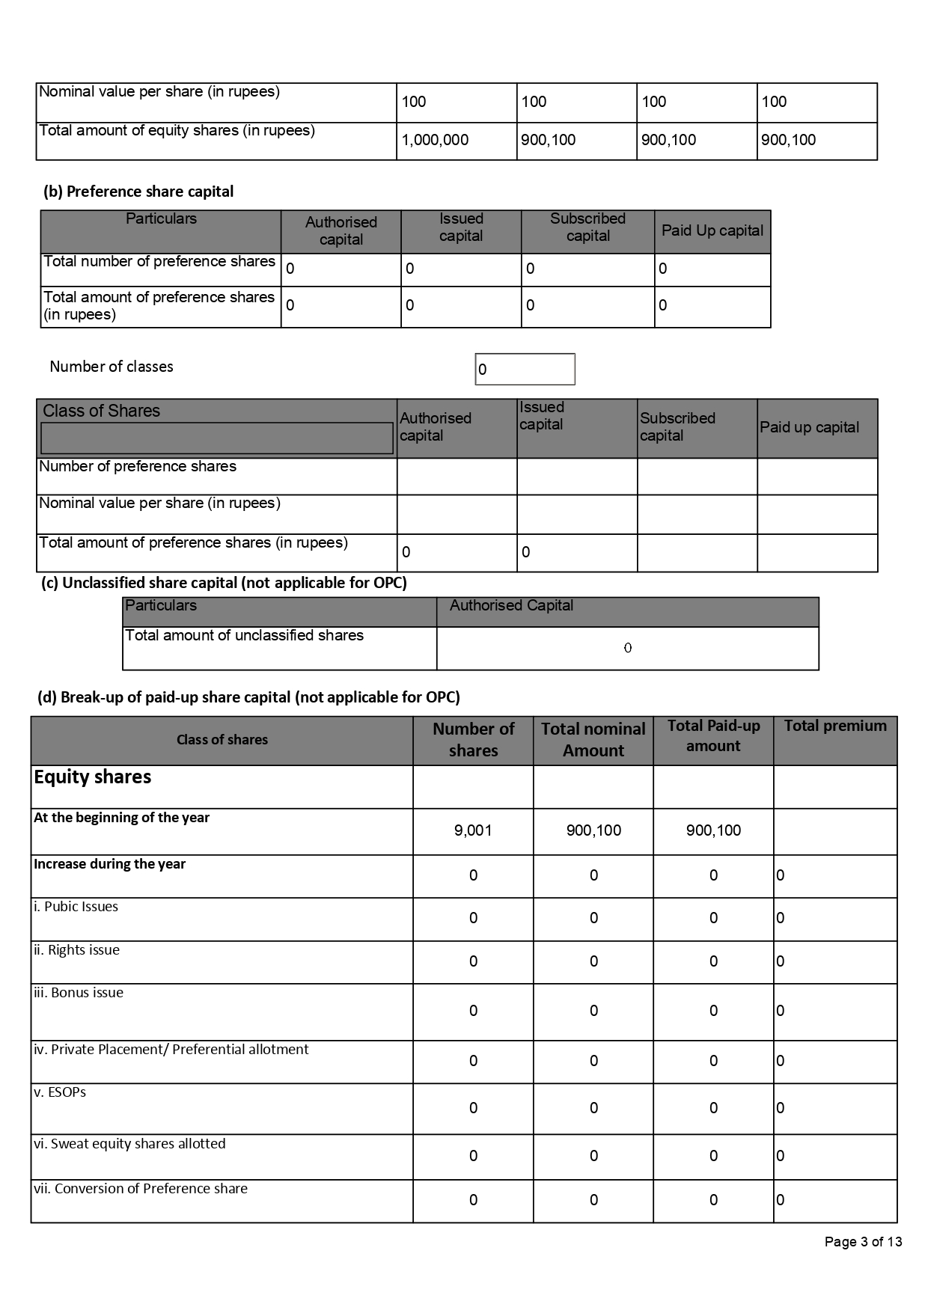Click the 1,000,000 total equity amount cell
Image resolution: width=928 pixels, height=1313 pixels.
click(436, 140)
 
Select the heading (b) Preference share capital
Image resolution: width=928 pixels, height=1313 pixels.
click(138, 192)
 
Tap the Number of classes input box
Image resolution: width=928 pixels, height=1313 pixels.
click(525, 370)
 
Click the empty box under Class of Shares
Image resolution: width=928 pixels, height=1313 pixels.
click(216, 438)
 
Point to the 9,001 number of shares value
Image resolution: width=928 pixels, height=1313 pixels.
click(473, 830)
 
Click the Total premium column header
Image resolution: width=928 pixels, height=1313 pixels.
click(835, 726)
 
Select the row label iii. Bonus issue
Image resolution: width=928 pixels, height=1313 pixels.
click(79, 993)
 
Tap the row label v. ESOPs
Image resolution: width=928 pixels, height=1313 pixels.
click(60, 1092)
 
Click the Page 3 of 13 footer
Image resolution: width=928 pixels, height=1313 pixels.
click(863, 1242)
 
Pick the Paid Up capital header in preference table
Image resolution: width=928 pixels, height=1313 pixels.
click(712, 230)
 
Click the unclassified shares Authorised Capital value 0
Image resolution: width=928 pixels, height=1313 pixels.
click(628, 648)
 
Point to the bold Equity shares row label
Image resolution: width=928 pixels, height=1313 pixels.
click(93, 777)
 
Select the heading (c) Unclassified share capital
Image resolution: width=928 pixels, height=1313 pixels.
click(224, 583)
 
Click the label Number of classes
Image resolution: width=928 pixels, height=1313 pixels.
click(112, 367)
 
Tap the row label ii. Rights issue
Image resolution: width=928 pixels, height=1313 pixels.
click(76, 950)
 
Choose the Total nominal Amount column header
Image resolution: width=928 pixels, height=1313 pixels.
click(593, 740)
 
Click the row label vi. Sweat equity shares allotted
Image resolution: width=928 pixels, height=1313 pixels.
click(129, 1144)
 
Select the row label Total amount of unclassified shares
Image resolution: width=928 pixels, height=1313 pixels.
click(244, 636)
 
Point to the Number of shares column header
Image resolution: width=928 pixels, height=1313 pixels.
click(473, 740)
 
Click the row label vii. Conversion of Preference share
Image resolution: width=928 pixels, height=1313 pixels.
click(141, 1189)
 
